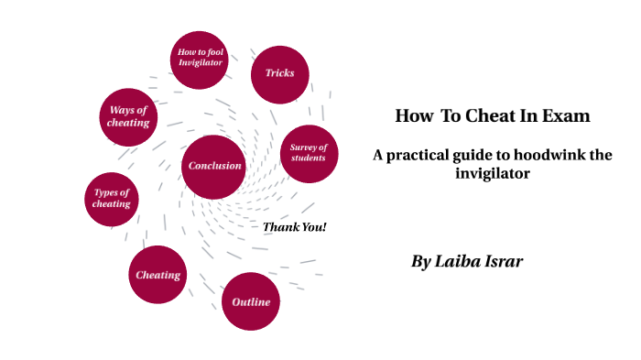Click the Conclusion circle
pos(214,166)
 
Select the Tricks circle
pos(279,73)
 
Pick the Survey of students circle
pos(309,153)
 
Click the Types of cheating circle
pos(112,199)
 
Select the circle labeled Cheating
pos(158,275)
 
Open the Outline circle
pos(250,301)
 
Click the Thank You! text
pos(295,227)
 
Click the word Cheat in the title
pos(496,116)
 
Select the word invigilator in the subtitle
pos(493,172)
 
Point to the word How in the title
pos(413,116)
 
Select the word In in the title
pos(537,116)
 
